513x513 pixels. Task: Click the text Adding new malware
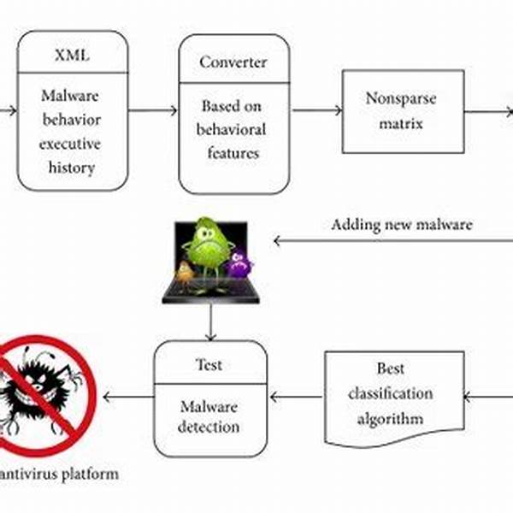401,225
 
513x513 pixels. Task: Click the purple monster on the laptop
239,263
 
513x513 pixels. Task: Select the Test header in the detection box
209,364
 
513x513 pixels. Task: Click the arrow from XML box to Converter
153,110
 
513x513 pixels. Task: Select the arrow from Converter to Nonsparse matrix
315,110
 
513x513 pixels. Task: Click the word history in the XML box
72,168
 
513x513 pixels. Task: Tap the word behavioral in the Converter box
232,130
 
